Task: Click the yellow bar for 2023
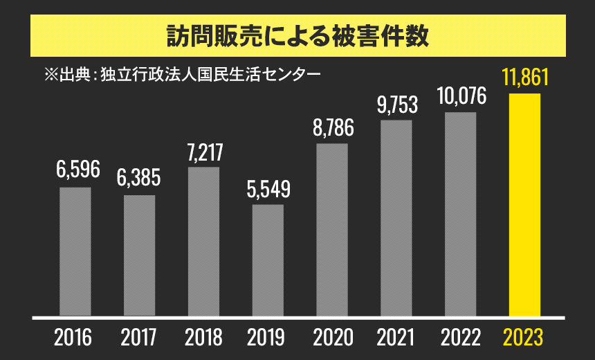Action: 524,204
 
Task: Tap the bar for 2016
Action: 75,251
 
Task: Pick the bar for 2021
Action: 396,218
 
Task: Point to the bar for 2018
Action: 203,241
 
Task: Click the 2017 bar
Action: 139,255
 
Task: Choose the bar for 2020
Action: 332,229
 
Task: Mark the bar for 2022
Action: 461,214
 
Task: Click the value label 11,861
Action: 525,77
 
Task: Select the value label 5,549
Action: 268,188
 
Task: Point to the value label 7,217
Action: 204,152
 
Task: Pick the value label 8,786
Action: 333,128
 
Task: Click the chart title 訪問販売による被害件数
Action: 297,35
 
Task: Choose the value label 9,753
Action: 397,105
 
